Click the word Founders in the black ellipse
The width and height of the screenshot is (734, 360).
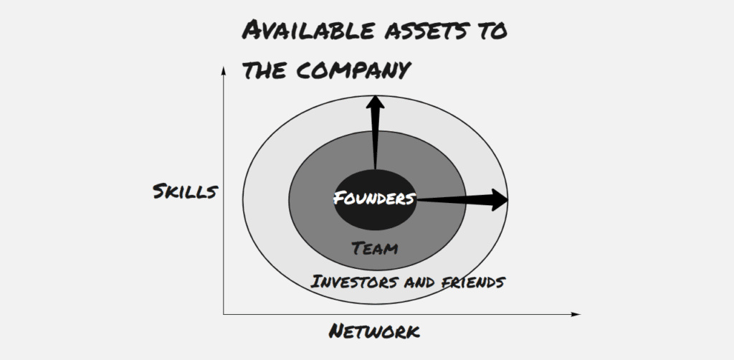374,199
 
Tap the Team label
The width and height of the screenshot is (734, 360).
374,248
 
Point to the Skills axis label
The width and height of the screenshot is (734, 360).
186,191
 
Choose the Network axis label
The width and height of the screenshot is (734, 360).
374,331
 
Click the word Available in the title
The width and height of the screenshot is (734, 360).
308,31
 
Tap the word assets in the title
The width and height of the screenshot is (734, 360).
426,32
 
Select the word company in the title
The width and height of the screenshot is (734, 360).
353,70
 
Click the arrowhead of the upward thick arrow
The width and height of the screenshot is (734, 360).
375,103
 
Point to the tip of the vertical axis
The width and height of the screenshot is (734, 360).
224,67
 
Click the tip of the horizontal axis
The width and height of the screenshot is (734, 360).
581,314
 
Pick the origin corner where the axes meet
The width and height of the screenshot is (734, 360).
224,314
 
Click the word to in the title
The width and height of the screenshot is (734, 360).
492,32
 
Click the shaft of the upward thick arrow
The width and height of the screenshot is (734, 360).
375,140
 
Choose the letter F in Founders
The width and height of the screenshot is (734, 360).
339,198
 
